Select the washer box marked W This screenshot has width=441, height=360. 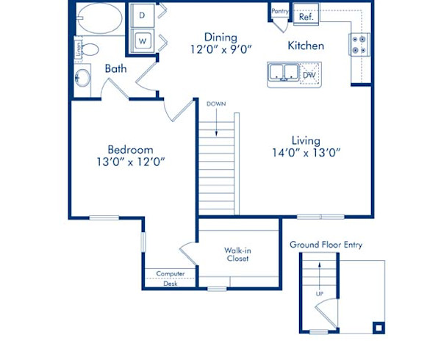pyautogui.click(x=143, y=40)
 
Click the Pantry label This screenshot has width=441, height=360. pyautogui.click(x=279, y=11)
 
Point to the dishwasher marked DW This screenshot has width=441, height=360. pyautogui.click(x=309, y=74)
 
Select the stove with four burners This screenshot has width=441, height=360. pyautogui.click(x=359, y=45)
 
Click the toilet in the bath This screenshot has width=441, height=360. pyautogui.click(x=90, y=51)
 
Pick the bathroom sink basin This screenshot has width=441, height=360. pyautogui.click(x=82, y=77)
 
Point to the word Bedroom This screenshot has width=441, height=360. pyautogui.click(x=129, y=150)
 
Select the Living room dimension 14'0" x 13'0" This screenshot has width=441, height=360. pyautogui.click(x=305, y=154)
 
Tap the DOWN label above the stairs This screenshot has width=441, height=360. pyautogui.click(x=216, y=104)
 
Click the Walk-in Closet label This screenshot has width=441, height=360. pyautogui.click(x=237, y=254)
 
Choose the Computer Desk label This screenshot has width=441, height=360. pyautogui.click(x=171, y=278)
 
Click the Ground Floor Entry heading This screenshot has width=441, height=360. pyautogui.click(x=326, y=245)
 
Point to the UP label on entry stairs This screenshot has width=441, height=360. pyautogui.click(x=320, y=293)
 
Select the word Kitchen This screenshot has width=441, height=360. pyautogui.click(x=306, y=46)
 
